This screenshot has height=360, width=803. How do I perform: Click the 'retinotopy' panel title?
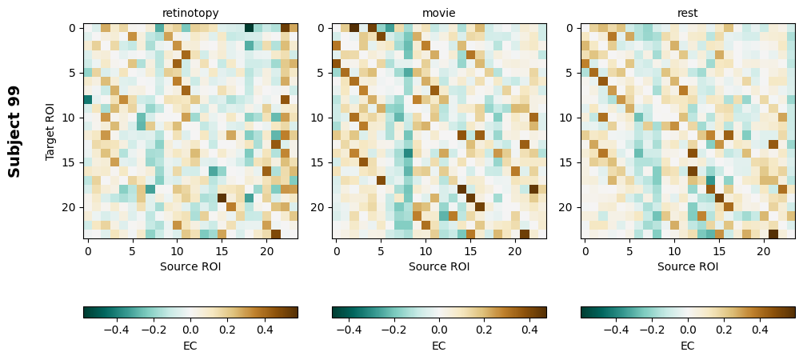tap(190, 13)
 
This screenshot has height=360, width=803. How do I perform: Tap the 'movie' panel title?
tap(439, 13)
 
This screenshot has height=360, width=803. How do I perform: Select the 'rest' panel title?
tap(688, 13)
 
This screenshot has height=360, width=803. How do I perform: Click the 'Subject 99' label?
tap(14, 131)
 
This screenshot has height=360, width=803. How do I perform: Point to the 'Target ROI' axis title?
tap(50, 131)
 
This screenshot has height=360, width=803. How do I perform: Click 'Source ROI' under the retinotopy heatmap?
tap(190, 266)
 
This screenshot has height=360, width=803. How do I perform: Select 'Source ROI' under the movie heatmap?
tap(439, 266)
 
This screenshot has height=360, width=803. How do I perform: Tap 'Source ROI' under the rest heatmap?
tap(688, 266)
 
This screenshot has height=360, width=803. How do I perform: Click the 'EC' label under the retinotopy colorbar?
tap(190, 346)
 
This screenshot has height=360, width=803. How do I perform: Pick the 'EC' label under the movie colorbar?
tap(439, 346)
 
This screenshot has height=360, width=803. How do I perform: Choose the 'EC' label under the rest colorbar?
tap(688, 346)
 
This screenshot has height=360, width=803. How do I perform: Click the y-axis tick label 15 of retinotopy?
tap(70, 162)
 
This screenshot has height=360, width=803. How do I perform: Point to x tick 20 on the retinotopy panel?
tap(266, 251)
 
